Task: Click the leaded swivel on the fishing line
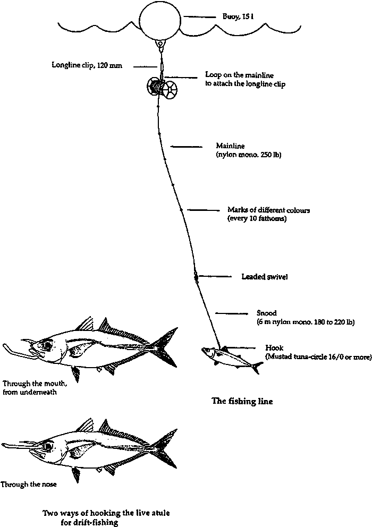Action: (196, 276)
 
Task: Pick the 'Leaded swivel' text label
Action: (264, 277)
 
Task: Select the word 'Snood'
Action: (266, 313)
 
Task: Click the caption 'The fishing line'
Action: (242, 402)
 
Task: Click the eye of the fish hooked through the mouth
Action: (48, 345)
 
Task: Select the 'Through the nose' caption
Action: (29, 484)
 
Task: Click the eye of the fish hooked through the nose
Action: (49, 446)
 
